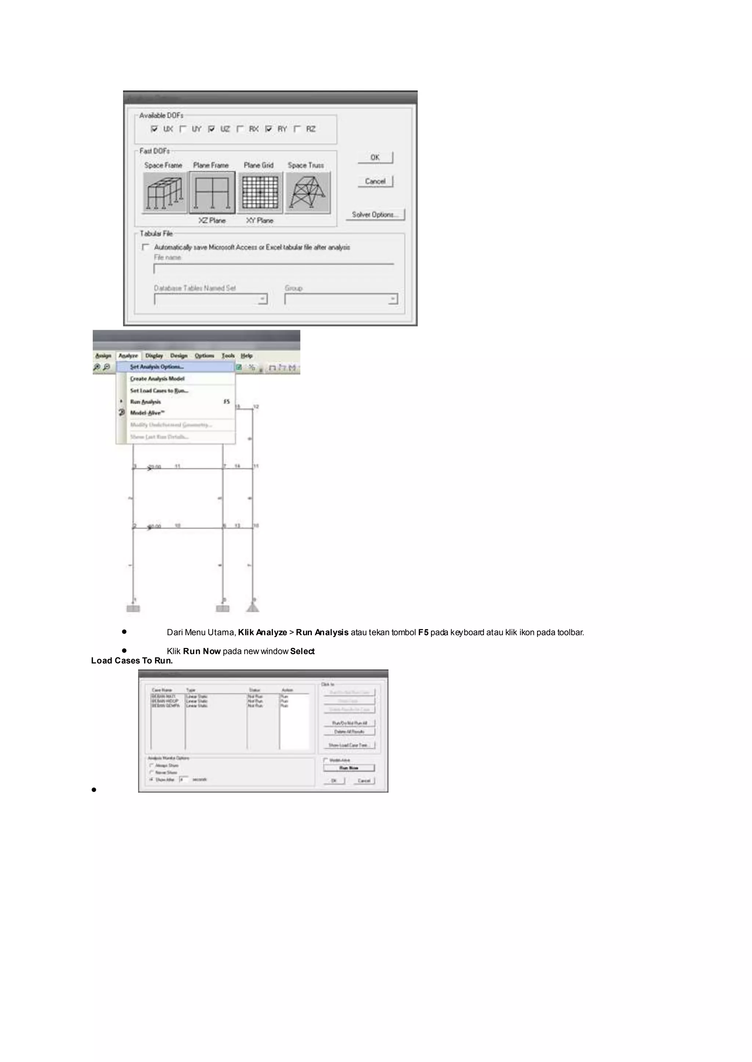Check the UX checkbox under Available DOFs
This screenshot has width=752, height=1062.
[154, 129]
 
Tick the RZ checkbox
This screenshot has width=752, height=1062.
[298, 129]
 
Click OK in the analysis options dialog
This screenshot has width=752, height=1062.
[375, 158]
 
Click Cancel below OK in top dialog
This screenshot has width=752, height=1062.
[375, 181]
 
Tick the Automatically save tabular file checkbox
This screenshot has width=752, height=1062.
[146, 248]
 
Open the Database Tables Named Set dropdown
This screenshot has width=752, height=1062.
[263, 300]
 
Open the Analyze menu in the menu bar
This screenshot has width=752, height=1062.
[128, 356]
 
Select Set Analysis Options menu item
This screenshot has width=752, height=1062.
[156, 367]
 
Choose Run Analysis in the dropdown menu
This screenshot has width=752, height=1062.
[145, 402]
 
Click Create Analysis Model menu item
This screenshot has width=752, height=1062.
[157, 379]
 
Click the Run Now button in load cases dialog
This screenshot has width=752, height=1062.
[349, 768]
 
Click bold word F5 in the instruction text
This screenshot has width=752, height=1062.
[423, 632]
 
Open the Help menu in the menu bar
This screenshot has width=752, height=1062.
[247, 356]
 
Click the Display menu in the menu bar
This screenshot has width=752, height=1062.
[154, 356]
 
